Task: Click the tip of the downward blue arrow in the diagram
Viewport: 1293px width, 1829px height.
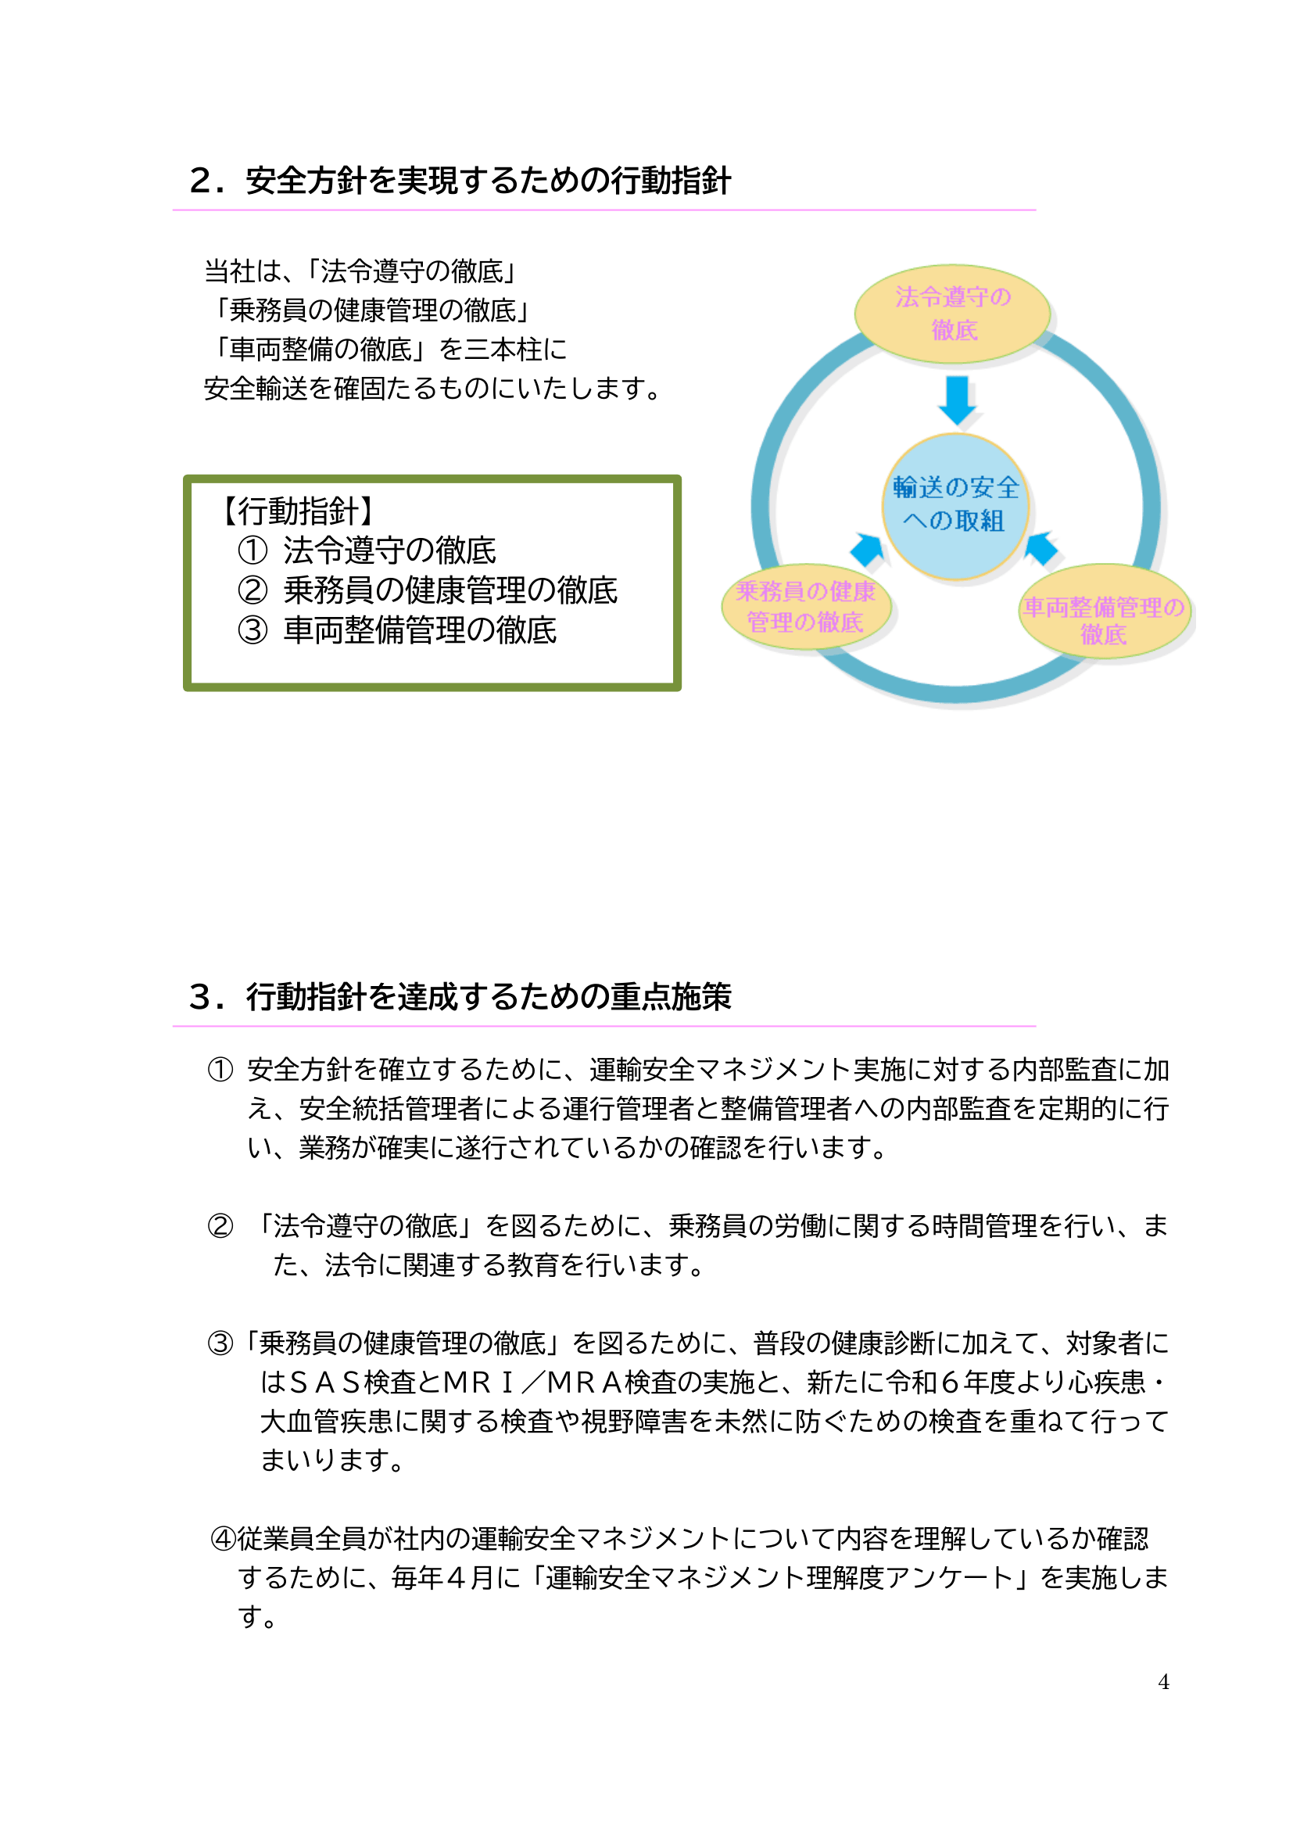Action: coord(957,425)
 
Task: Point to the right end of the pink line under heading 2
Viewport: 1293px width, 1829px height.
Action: coord(1036,210)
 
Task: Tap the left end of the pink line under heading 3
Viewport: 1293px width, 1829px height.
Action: coord(173,1026)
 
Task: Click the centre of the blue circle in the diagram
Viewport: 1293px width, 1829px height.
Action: coord(955,506)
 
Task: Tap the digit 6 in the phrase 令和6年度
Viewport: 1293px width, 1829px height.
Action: coord(949,1382)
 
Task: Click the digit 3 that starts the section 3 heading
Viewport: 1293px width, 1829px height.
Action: coord(201,996)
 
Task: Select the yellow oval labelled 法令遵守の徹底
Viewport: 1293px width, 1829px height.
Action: coord(952,314)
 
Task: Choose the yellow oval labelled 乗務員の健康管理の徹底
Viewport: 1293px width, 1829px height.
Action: coord(806,607)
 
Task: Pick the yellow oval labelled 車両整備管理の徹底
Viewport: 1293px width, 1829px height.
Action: coord(1105,611)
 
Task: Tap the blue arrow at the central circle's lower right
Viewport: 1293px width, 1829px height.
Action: coord(1041,548)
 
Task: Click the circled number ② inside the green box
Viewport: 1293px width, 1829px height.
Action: coord(253,590)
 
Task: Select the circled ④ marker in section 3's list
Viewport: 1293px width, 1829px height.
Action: coord(224,1538)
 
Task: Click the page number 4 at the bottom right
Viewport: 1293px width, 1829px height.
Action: coord(1163,1682)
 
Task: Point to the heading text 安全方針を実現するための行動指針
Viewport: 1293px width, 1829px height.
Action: coord(488,181)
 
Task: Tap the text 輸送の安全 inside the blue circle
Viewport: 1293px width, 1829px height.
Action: coord(955,486)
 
